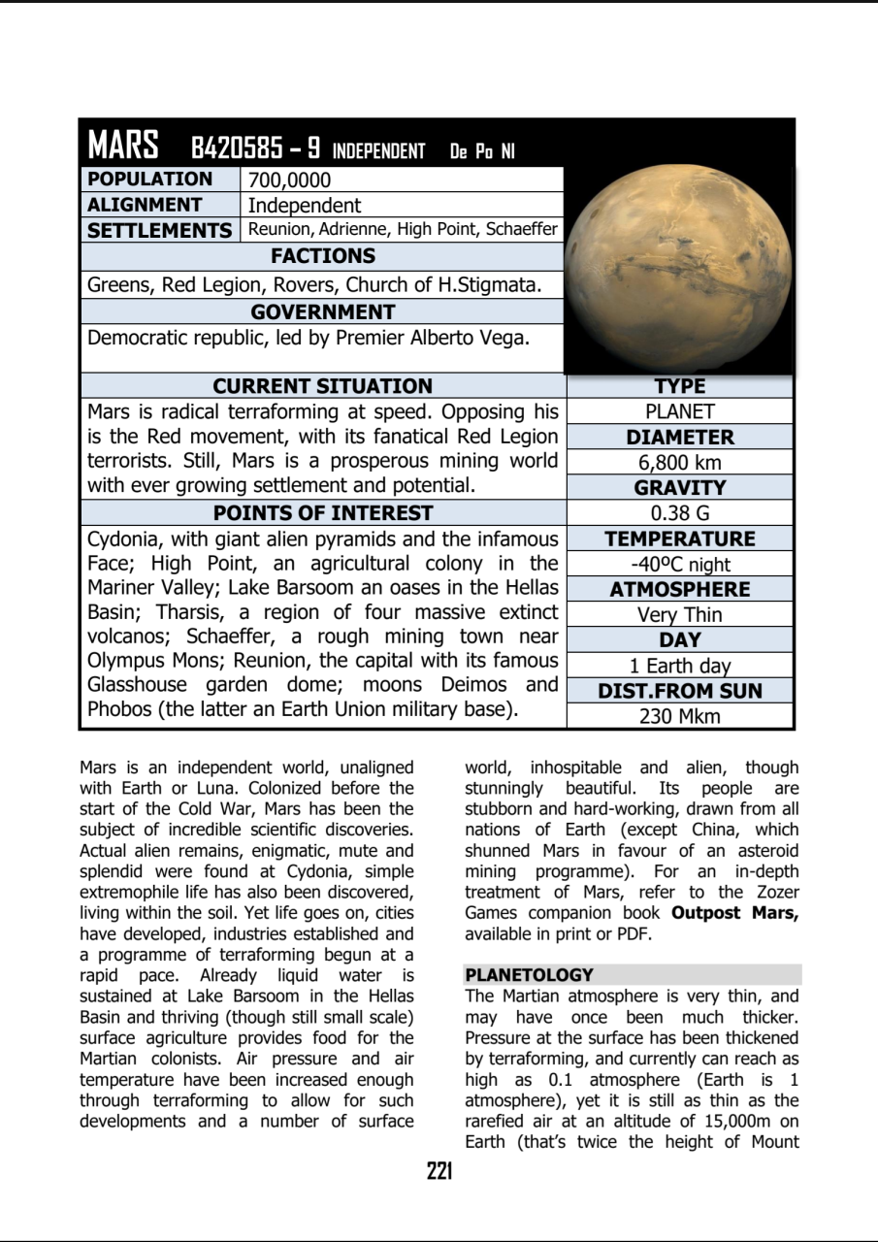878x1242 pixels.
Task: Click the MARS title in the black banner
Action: pos(123,146)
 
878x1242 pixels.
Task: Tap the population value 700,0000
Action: pos(289,180)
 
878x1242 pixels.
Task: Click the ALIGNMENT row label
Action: pos(145,205)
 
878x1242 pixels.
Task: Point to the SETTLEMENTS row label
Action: pos(159,230)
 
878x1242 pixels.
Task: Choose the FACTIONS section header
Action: pos(322,256)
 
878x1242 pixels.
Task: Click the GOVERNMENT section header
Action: pos(322,312)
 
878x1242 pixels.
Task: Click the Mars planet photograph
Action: pos(679,269)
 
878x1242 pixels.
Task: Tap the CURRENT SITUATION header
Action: pos(322,386)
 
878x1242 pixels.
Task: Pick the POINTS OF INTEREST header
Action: pos(322,512)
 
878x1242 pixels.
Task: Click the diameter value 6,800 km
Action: pos(679,463)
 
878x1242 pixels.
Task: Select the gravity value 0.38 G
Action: pos(679,513)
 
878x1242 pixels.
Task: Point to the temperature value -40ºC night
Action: pos(679,565)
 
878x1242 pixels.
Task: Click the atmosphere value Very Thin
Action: pos(679,615)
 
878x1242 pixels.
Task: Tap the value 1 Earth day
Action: pos(679,666)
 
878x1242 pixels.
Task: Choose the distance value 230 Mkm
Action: pos(679,717)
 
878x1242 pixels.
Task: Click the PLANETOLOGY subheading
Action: pos(529,975)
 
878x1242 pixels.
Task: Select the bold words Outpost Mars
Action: pos(734,913)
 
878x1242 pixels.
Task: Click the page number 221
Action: pos(439,1172)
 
